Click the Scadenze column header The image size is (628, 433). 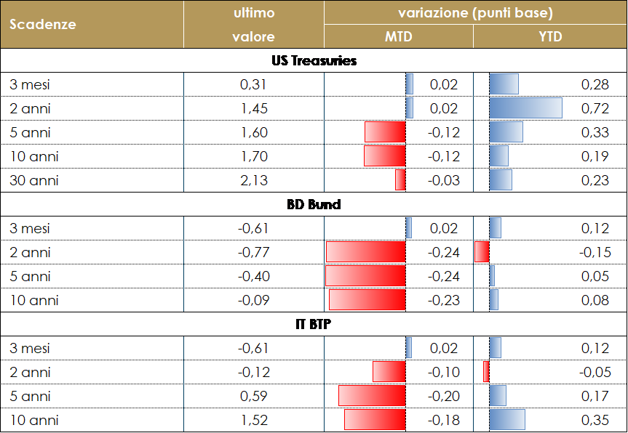pos(43,24)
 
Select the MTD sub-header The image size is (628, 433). pos(398,37)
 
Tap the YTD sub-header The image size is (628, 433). pos(550,37)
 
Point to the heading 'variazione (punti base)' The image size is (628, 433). pos(475,13)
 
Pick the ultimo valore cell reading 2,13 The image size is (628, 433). pos(254,180)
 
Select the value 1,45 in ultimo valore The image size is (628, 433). pos(254,109)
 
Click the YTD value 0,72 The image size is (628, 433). pos(595,109)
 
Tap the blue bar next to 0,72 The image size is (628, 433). pos(525,108)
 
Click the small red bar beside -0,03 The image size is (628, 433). pos(400,179)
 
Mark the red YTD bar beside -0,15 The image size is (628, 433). pos(482,252)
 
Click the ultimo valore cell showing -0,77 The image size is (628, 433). pos(254,253)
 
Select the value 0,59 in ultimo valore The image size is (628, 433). pos(254,397)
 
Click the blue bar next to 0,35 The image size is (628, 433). pos(507,420)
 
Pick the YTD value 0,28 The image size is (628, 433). pos(595,85)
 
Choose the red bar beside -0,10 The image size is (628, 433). pos(389,372)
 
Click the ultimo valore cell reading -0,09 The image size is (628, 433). pos(254,300)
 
